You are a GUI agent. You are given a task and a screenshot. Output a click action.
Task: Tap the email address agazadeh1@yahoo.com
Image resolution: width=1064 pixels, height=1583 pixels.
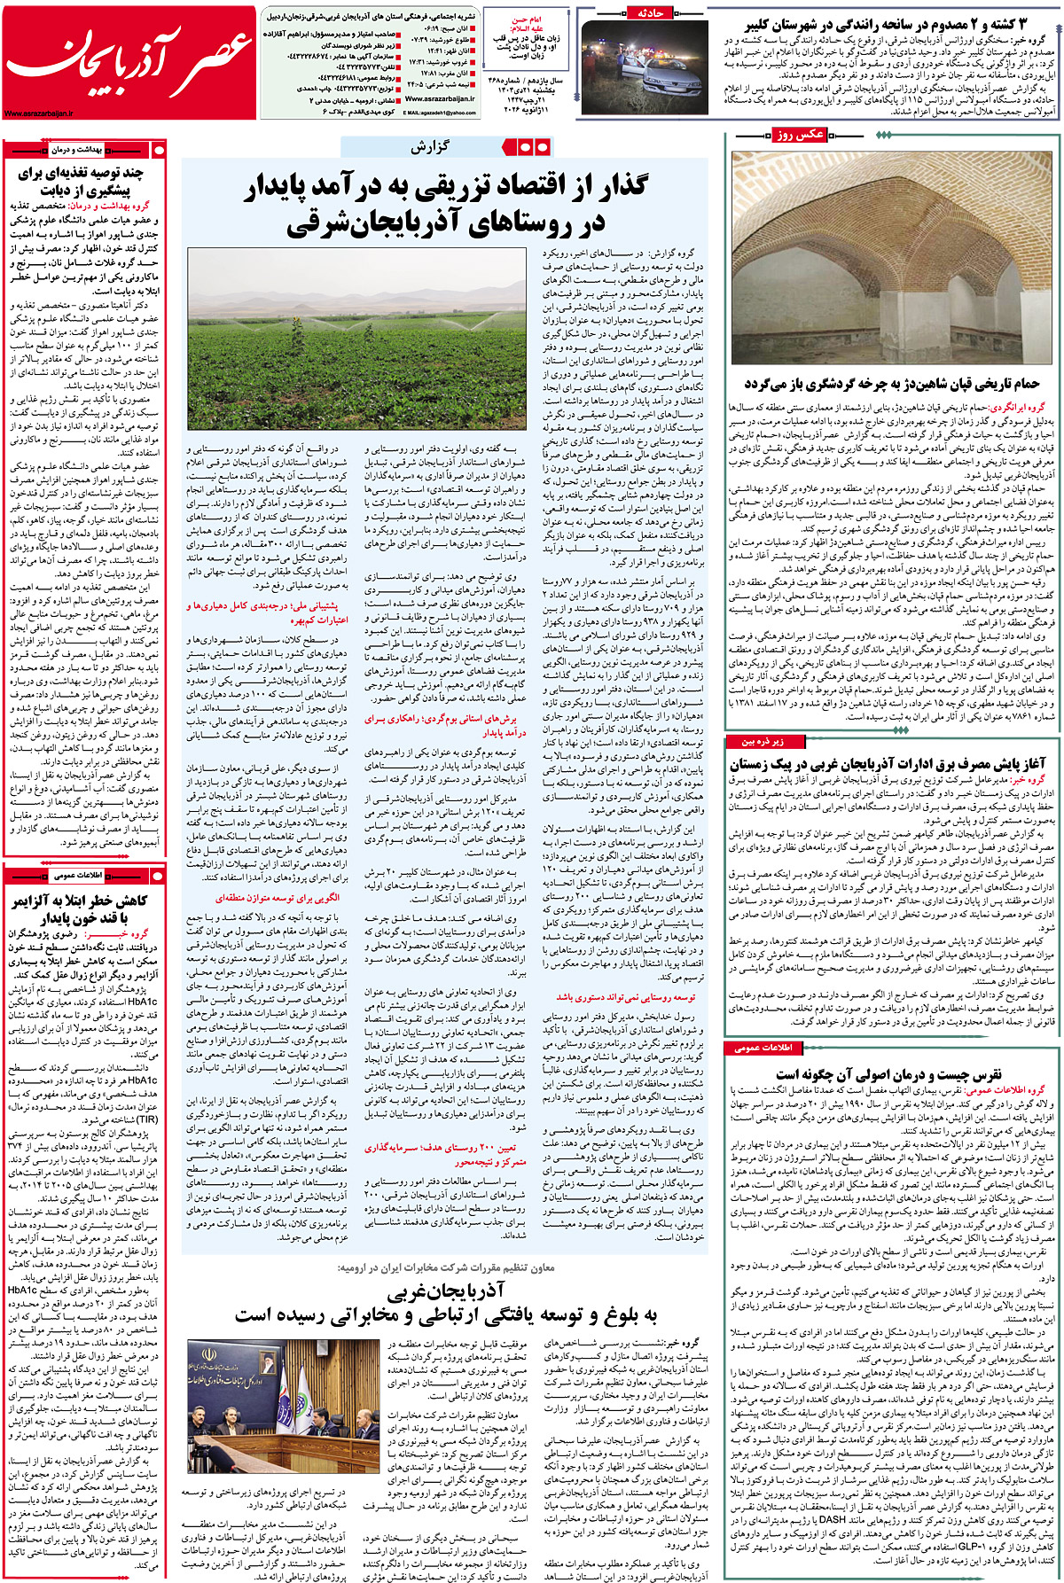click(x=440, y=113)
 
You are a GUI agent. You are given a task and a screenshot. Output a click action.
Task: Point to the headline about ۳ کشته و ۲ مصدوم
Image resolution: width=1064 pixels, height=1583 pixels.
click(x=887, y=25)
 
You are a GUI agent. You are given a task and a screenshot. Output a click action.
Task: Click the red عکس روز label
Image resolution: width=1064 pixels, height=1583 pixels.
click(x=799, y=135)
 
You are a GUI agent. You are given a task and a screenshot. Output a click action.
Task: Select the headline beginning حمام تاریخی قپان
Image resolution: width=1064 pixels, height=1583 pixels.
click(x=892, y=384)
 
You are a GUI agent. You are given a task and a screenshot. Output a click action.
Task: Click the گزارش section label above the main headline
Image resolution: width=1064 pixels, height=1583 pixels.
click(x=429, y=147)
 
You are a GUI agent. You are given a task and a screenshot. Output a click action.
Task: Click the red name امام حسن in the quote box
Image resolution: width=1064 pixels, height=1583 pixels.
click(x=527, y=19)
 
